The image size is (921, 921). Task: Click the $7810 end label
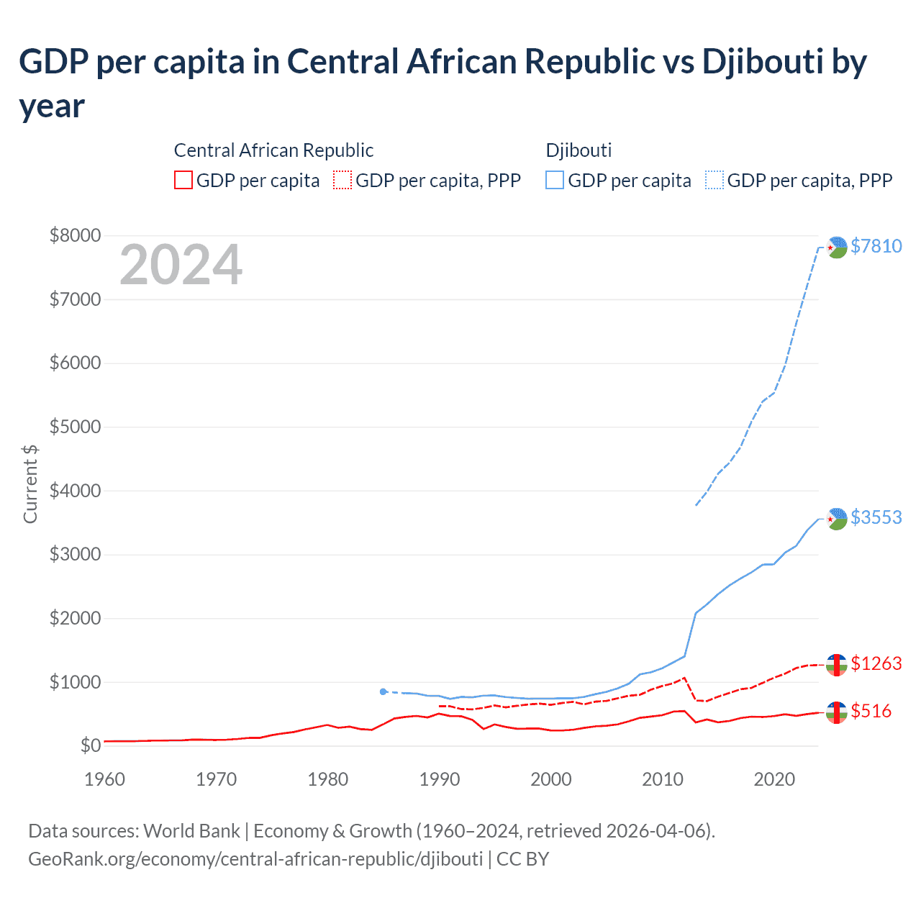coord(876,246)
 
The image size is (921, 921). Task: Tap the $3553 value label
coord(876,517)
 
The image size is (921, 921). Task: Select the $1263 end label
coord(876,663)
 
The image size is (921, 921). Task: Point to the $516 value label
coord(871,711)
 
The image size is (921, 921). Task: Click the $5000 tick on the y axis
coord(75,427)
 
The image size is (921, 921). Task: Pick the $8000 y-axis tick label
coord(75,235)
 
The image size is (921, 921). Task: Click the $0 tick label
coord(90,745)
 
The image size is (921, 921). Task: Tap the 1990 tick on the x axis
coord(440,779)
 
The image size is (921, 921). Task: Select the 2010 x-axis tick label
coord(663,779)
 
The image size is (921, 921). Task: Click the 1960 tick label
coord(105,779)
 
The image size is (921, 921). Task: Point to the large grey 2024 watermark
coord(181,265)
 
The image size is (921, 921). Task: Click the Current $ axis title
coord(30,484)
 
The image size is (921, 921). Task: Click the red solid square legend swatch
coord(183,180)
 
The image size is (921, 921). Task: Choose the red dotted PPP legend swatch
coord(343,180)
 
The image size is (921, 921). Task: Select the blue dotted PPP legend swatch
coord(714,180)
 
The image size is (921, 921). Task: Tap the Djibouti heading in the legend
coord(579,150)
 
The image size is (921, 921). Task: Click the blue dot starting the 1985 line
coord(384,691)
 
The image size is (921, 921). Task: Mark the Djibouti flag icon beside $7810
coord(836,247)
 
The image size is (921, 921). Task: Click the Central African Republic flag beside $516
coord(836,712)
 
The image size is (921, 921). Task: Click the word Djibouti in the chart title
coord(763,62)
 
